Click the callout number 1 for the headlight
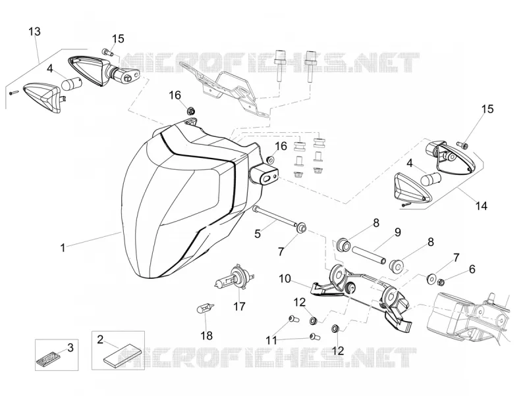click(63, 248)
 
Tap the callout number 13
click(35, 32)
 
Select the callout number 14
click(482, 205)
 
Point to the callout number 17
click(239, 307)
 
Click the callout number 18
click(207, 335)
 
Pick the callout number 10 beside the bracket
click(285, 278)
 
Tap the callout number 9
click(398, 232)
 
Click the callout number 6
click(472, 269)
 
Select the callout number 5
click(258, 234)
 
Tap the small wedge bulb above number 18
click(206, 307)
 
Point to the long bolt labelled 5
click(275, 216)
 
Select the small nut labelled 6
click(441, 283)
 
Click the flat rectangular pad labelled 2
click(118, 356)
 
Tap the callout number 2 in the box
click(100, 339)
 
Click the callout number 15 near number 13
click(118, 39)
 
